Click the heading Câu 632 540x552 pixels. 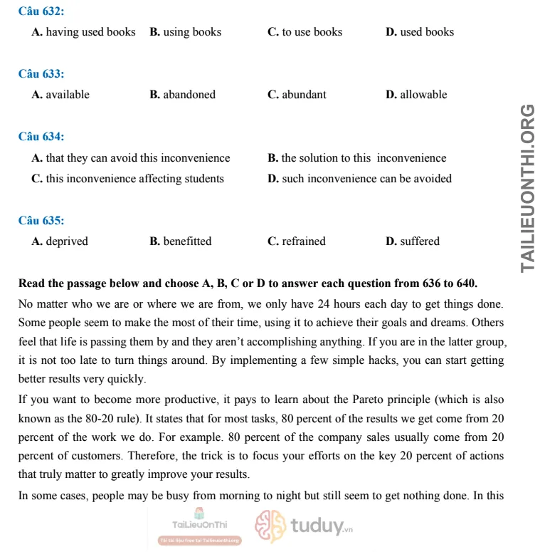tap(41, 11)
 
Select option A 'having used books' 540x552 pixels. tap(83, 32)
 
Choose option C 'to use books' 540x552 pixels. tap(305, 32)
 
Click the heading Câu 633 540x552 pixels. tap(41, 73)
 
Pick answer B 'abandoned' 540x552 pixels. tap(182, 95)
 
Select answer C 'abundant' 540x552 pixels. tap(297, 95)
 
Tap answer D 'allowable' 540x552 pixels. tap(416, 95)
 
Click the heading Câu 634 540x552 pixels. tap(41, 136)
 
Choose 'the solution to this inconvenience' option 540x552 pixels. tap(356, 158)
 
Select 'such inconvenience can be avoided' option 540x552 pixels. tap(359, 179)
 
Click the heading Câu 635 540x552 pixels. tap(41, 220)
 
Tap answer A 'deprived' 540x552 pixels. tap(60, 241)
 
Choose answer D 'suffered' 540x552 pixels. tap(413, 241)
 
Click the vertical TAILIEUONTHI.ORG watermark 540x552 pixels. tap(527, 188)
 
